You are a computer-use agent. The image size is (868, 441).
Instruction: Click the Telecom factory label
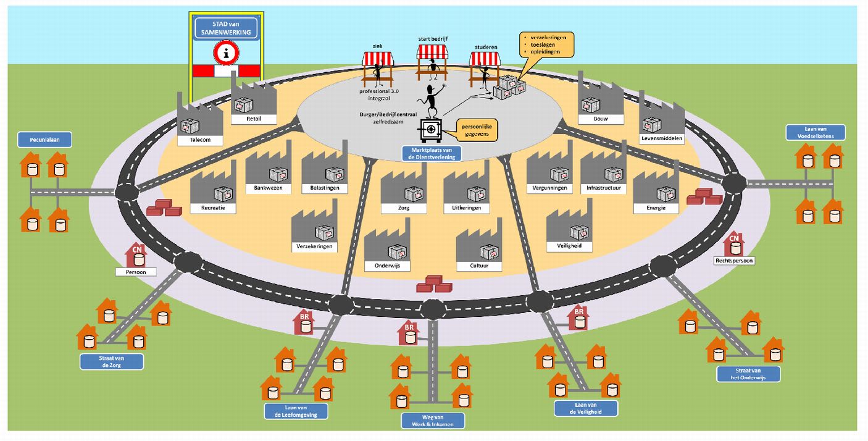click(x=201, y=140)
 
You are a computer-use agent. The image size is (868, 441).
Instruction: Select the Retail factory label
click(x=253, y=119)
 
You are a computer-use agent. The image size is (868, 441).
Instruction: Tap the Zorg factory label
click(x=404, y=208)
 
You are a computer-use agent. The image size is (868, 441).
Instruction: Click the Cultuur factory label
click(x=479, y=266)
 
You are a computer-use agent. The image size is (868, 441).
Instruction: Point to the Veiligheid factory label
click(x=569, y=246)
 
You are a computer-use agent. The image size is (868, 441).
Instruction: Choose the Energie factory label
click(x=656, y=208)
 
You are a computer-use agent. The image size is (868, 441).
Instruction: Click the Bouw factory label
click(x=601, y=119)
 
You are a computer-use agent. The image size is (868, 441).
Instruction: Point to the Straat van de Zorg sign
click(x=112, y=361)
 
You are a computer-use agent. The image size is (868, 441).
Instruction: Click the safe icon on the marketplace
click(x=430, y=131)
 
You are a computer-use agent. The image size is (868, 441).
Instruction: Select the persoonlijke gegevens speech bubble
click(x=476, y=128)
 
